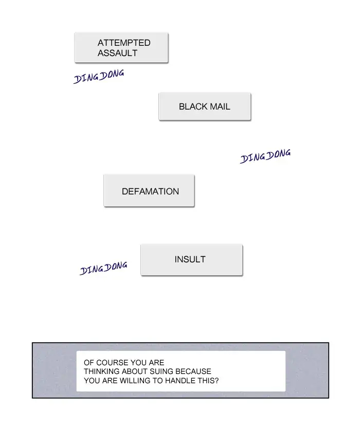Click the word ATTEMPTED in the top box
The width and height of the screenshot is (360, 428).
click(124, 43)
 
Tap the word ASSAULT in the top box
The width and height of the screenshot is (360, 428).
click(117, 53)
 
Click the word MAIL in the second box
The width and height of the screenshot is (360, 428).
click(219, 107)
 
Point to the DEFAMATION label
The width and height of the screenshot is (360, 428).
click(150, 191)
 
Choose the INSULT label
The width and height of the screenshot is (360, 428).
click(190, 260)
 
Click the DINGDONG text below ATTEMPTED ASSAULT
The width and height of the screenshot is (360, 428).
click(99, 77)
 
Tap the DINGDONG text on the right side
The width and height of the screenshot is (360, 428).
click(265, 156)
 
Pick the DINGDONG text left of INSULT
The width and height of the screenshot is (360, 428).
click(103, 268)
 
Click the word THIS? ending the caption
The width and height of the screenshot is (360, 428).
click(209, 381)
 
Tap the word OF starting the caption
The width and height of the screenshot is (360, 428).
click(88, 362)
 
